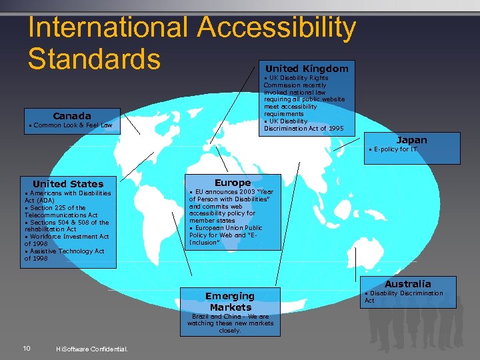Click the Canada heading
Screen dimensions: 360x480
coord(72,116)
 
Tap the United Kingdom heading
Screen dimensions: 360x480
coord(307,69)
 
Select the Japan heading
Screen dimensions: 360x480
coord(411,140)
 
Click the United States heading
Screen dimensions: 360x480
coord(68,184)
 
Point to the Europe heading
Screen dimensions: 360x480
coord(233,183)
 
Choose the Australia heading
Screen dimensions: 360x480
coord(407,284)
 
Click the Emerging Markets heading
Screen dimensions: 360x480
coord(229,301)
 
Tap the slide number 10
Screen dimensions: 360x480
coord(25,348)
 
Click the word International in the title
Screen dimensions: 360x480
coord(108,27)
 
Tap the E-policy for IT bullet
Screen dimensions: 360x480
coord(395,149)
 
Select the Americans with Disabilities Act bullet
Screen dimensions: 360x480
coord(67,197)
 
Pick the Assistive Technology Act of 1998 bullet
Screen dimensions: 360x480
coord(64,255)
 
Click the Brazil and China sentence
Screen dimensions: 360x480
coord(229,323)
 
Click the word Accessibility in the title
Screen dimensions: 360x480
coord(277,27)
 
